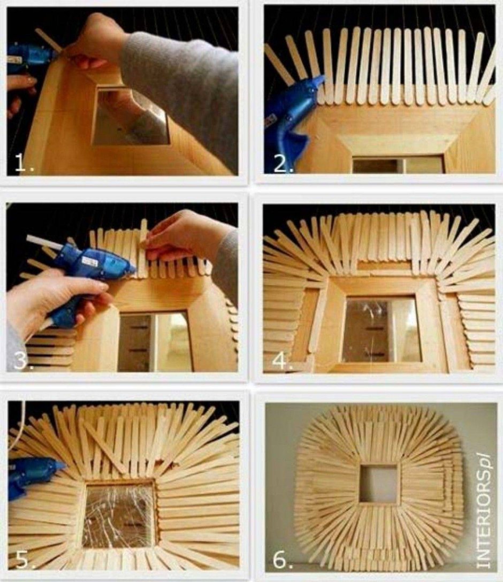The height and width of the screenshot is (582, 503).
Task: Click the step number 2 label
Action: [283, 164]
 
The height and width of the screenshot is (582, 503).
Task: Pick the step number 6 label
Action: [282, 560]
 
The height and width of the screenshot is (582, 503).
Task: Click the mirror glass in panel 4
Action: [381, 329]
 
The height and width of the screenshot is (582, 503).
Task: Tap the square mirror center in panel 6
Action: [378, 483]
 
